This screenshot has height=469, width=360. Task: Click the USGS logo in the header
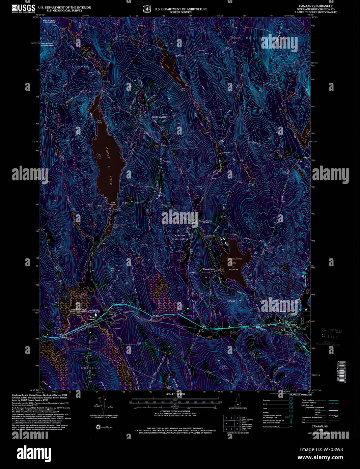click(x=23, y=8)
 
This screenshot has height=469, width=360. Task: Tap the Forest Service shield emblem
click(x=146, y=9)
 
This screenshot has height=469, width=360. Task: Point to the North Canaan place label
click(x=159, y=117)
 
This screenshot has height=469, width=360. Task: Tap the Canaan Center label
click(x=205, y=221)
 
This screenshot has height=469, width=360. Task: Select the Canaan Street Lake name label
click(x=234, y=260)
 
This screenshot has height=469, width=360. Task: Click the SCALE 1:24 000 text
click(x=175, y=394)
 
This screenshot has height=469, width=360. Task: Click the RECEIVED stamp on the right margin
click(x=331, y=331)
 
